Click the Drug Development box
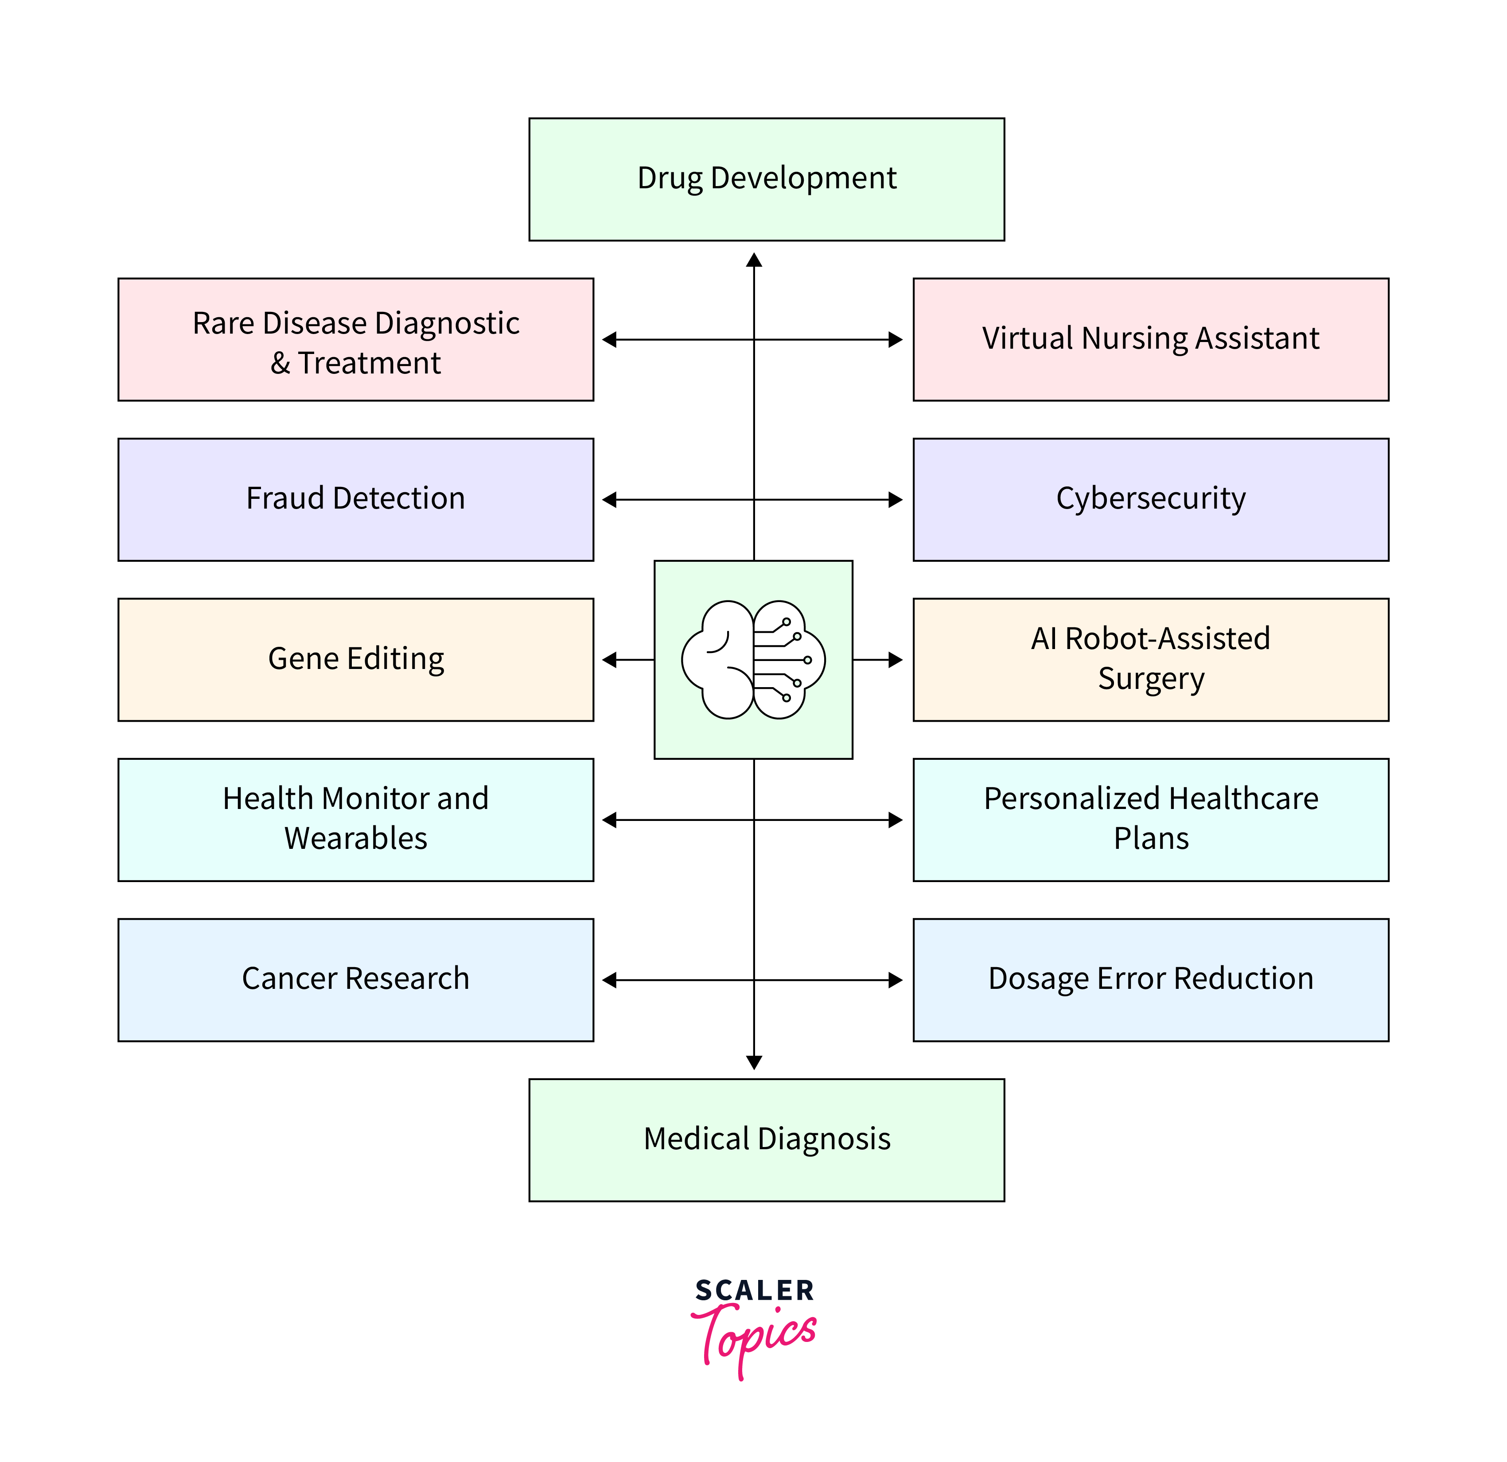point(767,179)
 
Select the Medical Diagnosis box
point(767,1140)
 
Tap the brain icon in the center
point(753,660)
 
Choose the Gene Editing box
point(355,660)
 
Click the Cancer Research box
point(355,979)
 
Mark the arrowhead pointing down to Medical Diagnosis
point(754,1062)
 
